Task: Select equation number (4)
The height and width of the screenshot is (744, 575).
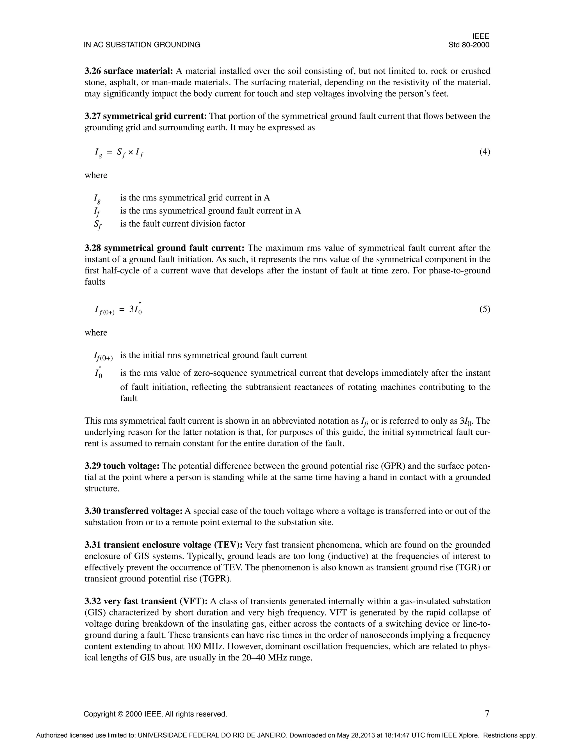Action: [x=484, y=152]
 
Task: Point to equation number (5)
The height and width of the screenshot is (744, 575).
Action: [x=484, y=309]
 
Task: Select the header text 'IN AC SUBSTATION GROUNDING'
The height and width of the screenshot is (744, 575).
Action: [x=142, y=45]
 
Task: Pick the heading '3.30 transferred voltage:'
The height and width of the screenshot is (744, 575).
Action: [x=134, y=511]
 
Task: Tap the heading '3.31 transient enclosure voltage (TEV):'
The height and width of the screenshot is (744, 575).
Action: [x=163, y=545]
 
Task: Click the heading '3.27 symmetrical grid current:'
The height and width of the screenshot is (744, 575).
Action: [x=145, y=117]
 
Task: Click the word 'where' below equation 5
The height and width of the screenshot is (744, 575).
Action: [x=96, y=333]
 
